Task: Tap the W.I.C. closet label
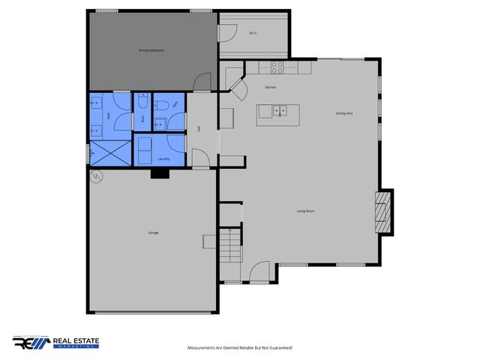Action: [x=253, y=33]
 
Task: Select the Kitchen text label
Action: [x=271, y=88]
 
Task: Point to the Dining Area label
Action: [x=345, y=113]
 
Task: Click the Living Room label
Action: [x=305, y=211]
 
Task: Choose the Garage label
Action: [x=153, y=233]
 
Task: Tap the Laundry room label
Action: [x=165, y=159]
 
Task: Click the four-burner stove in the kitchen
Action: [x=276, y=66]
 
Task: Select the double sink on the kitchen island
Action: [x=278, y=112]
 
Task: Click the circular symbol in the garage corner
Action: [x=95, y=177]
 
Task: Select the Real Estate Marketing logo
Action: [x=55, y=343]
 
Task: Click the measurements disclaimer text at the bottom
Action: [x=239, y=348]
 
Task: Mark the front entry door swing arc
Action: [x=259, y=271]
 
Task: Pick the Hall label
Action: [x=199, y=128]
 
